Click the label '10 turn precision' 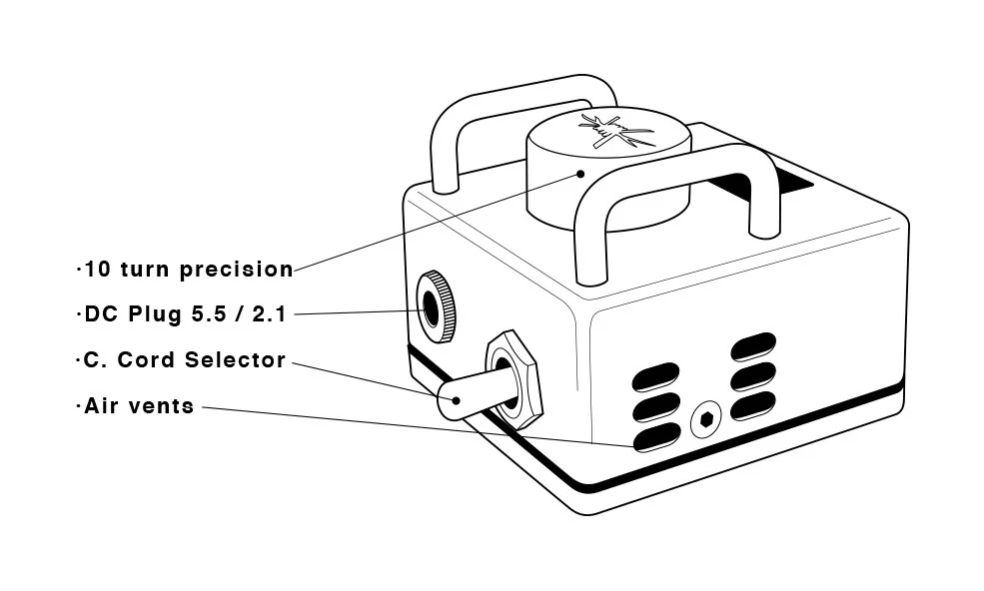click(x=186, y=270)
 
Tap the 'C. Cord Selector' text click(x=181, y=360)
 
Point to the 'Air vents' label click(x=137, y=406)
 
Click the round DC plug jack click(x=437, y=305)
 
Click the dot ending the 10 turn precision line click(x=580, y=173)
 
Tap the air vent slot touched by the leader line click(x=656, y=437)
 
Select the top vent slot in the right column click(x=754, y=349)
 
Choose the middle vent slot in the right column click(x=754, y=376)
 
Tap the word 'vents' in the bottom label click(x=165, y=406)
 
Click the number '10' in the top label click(x=97, y=270)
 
